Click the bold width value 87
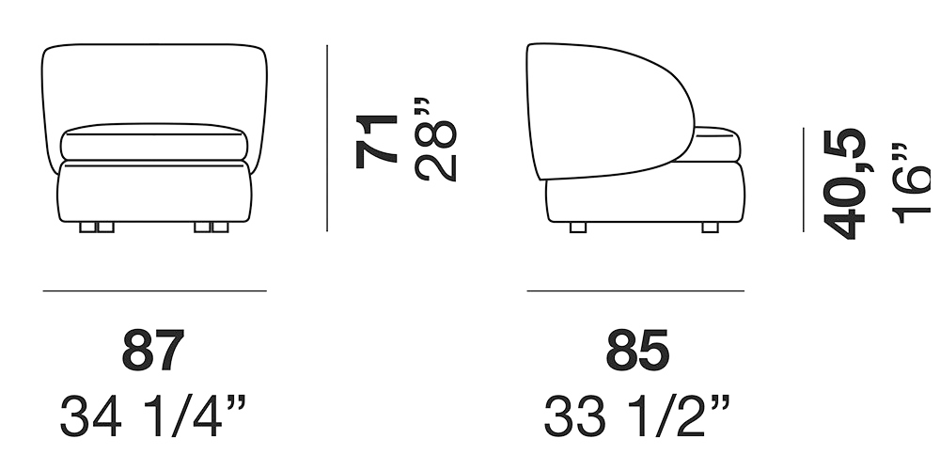point(153,352)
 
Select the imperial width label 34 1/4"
point(153,416)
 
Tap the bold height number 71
point(377,140)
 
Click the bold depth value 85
point(637,352)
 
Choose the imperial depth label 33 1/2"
point(636,416)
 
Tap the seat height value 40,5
point(844,184)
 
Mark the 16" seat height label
point(909,184)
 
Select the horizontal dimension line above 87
point(154,291)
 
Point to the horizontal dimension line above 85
point(635,291)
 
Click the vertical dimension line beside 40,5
point(804,180)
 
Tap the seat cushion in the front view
point(154,142)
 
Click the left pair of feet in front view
point(96,227)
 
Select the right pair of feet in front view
point(211,227)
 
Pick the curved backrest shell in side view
point(606,108)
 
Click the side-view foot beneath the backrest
point(578,227)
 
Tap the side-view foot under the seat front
point(711,227)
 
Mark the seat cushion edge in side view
point(719,144)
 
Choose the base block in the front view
point(154,193)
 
